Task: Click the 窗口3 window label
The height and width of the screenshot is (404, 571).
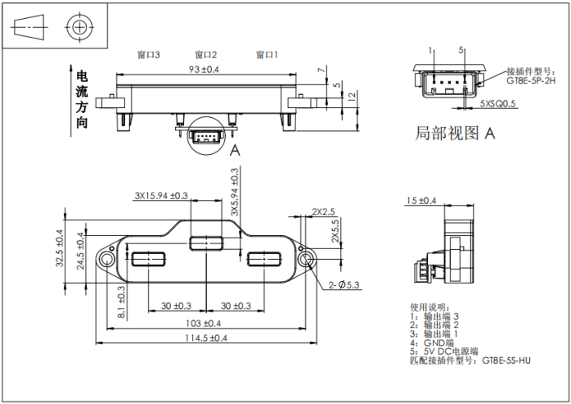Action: (x=148, y=55)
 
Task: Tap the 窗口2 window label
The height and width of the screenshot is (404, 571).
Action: (x=206, y=55)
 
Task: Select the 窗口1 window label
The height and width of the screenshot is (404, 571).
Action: (x=267, y=55)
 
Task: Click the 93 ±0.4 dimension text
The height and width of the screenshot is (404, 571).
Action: (x=204, y=70)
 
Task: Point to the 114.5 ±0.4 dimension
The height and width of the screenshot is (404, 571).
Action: (x=205, y=338)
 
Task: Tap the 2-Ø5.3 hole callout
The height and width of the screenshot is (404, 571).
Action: (x=344, y=284)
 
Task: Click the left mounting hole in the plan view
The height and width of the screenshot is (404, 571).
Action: (x=107, y=259)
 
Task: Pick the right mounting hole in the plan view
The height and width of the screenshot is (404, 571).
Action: (x=307, y=259)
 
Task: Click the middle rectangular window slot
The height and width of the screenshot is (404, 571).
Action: (x=205, y=243)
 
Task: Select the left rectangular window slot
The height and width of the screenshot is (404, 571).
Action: (x=148, y=260)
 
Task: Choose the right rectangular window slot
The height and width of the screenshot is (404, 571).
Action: (x=264, y=260)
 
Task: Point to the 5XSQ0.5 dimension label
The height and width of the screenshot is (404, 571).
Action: (x=498, y=104)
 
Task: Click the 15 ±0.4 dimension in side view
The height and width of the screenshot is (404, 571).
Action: (x=421, y=201)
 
